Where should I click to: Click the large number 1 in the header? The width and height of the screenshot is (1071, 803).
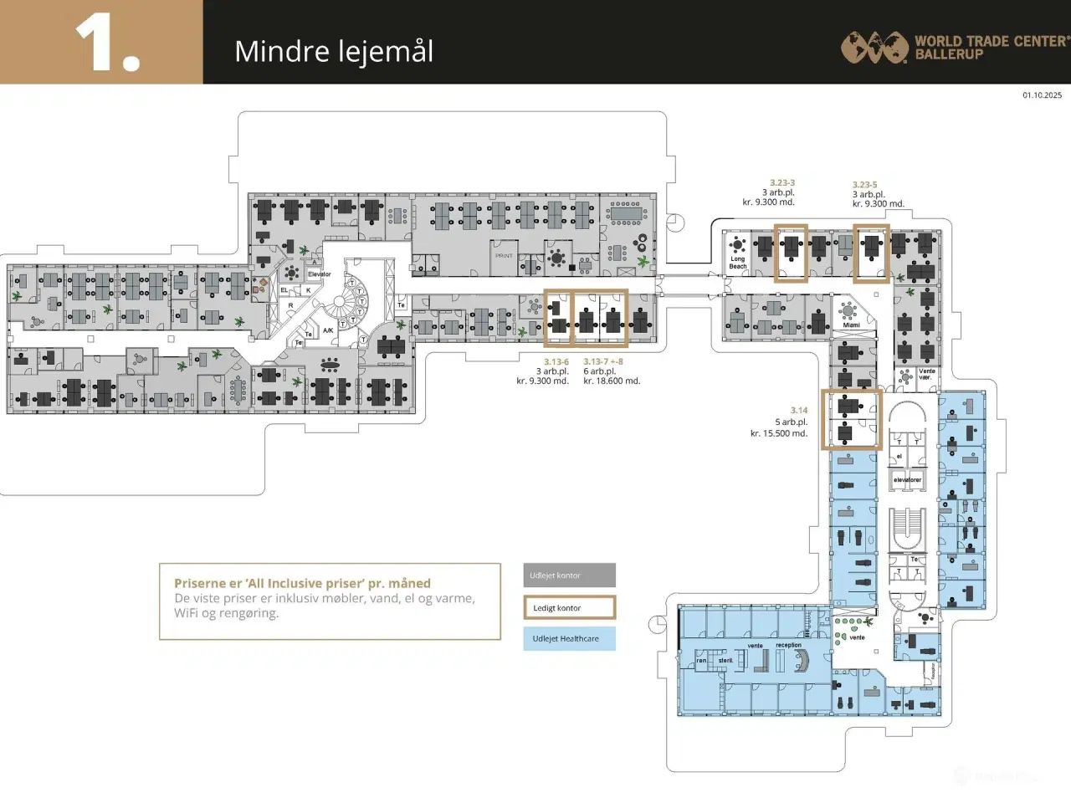[x=107, y=43]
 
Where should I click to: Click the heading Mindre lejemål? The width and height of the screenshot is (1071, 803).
[x=334, y=52]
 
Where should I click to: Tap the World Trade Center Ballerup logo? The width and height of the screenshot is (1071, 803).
[x=955, y=47]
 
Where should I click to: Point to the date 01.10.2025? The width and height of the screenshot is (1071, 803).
[x=1042, y=95]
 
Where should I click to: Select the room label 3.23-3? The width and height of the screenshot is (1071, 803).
[x=782, y=182]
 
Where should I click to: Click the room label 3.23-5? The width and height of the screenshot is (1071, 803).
[x=864, y=185]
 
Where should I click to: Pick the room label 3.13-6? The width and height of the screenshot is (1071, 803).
[x=556, y=362]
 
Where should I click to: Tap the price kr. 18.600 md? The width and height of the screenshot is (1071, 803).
[x=612, y=381]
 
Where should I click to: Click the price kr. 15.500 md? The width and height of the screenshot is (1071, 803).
[x=779, y=433]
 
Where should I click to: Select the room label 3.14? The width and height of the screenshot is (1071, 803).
[x=799, y=411]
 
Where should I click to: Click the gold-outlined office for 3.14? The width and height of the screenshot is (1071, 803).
[x=852, y=419]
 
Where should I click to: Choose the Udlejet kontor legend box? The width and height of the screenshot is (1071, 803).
[x=570, y=575]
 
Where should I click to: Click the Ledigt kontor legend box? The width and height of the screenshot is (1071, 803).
[x=570, y=608]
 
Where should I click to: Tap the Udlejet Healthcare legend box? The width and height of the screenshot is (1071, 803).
[x=570, y=639]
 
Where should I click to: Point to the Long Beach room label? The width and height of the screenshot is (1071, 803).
[x=737, y=263]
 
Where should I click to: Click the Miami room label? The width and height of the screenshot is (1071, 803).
[x=851, y=325]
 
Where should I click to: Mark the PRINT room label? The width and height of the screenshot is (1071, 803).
[x=504, y=256]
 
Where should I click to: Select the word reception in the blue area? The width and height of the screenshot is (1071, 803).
[x=788, y=645]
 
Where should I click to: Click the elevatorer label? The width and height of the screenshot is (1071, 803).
[x=907, y=480]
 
